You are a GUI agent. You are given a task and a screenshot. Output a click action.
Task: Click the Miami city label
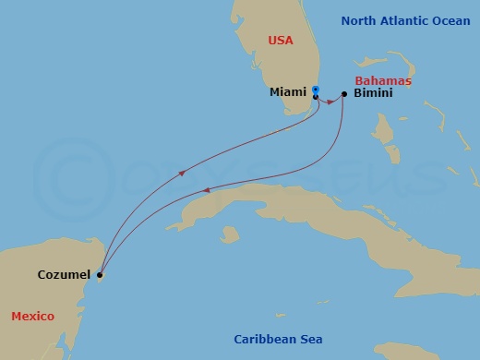[289, 94]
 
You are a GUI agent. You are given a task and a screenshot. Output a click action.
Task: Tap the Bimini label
[373, 94]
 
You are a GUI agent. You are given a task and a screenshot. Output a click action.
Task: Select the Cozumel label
[64, 275]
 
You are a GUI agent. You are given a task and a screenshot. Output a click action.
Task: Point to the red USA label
[280, 40]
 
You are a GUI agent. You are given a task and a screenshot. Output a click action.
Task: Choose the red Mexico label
[32, 317]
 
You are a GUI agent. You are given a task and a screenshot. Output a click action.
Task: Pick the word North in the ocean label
[358, 20]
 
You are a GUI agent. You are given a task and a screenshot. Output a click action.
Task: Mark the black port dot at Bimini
[344, 94]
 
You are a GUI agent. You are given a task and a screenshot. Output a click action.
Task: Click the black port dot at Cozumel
[100, 274]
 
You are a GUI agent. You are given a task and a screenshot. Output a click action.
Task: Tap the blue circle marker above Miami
[315, 90]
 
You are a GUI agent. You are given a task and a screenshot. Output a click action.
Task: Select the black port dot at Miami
[316, 96]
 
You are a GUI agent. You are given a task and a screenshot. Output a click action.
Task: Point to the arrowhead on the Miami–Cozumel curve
[182, 173]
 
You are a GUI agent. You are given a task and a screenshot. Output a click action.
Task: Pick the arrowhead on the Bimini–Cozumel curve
[206, 191]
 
